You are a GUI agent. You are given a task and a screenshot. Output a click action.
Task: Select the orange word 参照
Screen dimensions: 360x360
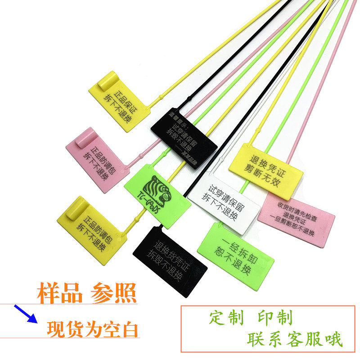coord(113,293)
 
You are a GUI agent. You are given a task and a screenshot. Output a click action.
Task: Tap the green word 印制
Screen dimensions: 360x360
coord(275,318)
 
